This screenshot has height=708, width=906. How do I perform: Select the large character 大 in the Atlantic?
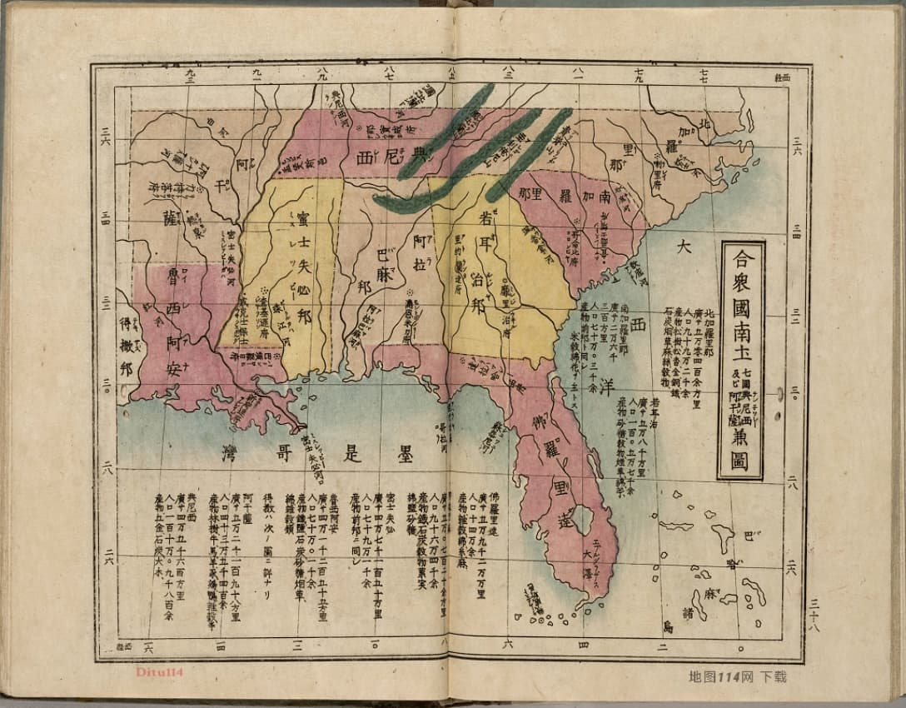point(684,247)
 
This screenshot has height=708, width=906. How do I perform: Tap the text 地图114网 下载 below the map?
point(738,676)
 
